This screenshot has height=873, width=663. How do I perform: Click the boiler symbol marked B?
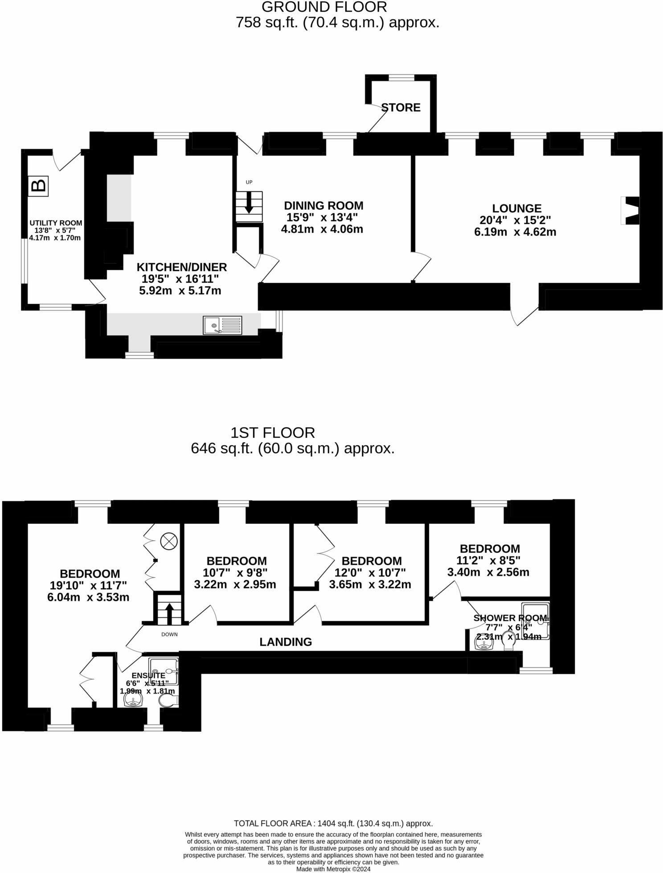click(39, 185)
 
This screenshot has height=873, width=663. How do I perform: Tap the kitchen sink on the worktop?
click(222, 325)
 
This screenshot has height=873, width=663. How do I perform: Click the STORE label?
click(401, 107)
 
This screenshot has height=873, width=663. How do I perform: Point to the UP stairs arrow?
click(249, 202)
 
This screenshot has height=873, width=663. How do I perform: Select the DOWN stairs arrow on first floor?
click(169, 613)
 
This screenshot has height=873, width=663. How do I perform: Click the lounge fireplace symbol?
click(630, 210)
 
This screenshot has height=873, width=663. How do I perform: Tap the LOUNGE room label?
click(516, 208)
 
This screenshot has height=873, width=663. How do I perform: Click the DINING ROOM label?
click(323, 205)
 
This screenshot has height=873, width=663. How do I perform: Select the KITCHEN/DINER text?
click(181, 267)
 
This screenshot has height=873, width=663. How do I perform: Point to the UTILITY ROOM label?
click(56, 223)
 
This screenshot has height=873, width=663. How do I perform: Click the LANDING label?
click(286, 641)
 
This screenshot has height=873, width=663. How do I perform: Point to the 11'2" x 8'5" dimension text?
click(490, 560)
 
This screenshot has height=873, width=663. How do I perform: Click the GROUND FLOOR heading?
click(324, 7)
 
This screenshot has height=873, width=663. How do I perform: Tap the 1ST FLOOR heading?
click(273, 432)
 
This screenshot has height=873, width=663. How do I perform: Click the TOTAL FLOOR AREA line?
click(333, 824)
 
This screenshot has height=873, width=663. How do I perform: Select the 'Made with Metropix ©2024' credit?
click(333, 869)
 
